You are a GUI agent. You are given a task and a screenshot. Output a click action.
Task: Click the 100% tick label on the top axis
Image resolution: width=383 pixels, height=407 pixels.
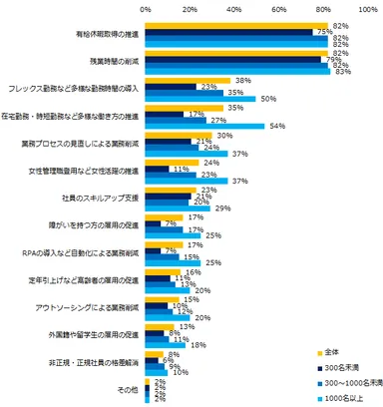point(369,8)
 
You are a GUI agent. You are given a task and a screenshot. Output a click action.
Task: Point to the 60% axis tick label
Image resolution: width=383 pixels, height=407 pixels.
point(280,8)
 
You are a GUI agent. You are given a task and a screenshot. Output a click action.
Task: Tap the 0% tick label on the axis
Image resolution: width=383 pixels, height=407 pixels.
point(147,8)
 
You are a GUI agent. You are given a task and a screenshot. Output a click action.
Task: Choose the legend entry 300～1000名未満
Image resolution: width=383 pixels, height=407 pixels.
point(346,383)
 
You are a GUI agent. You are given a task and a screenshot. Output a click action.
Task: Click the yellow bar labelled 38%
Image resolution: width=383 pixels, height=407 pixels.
point(189,80)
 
